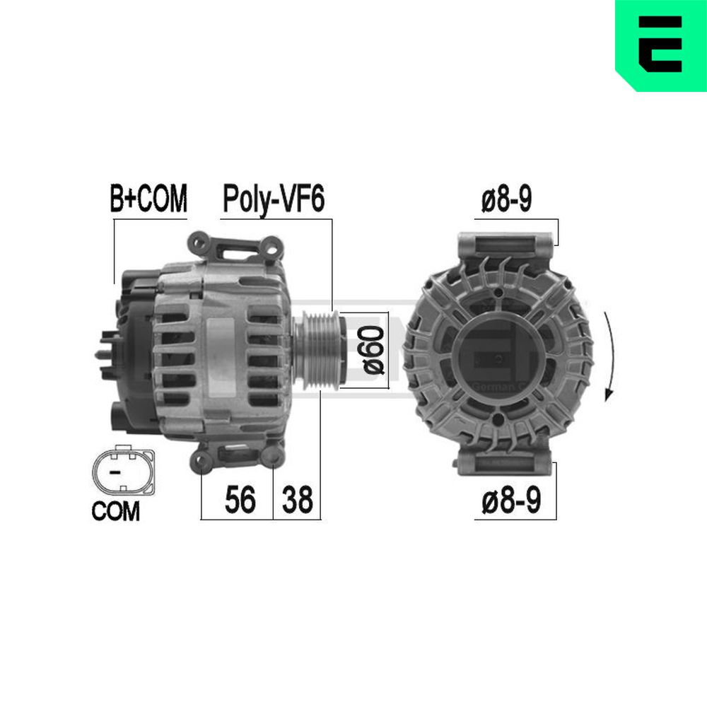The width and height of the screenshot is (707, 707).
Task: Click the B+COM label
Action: [x=148, y=199]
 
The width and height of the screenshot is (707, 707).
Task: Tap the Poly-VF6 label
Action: [x=274, y=199]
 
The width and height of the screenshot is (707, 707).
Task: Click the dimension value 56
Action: [x=240, y=500]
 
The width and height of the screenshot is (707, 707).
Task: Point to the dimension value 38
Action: [x=297, y=500]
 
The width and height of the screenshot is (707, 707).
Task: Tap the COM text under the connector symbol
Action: [x=116, y=511]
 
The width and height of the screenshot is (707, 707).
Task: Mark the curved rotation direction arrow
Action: [x=612, y=356]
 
